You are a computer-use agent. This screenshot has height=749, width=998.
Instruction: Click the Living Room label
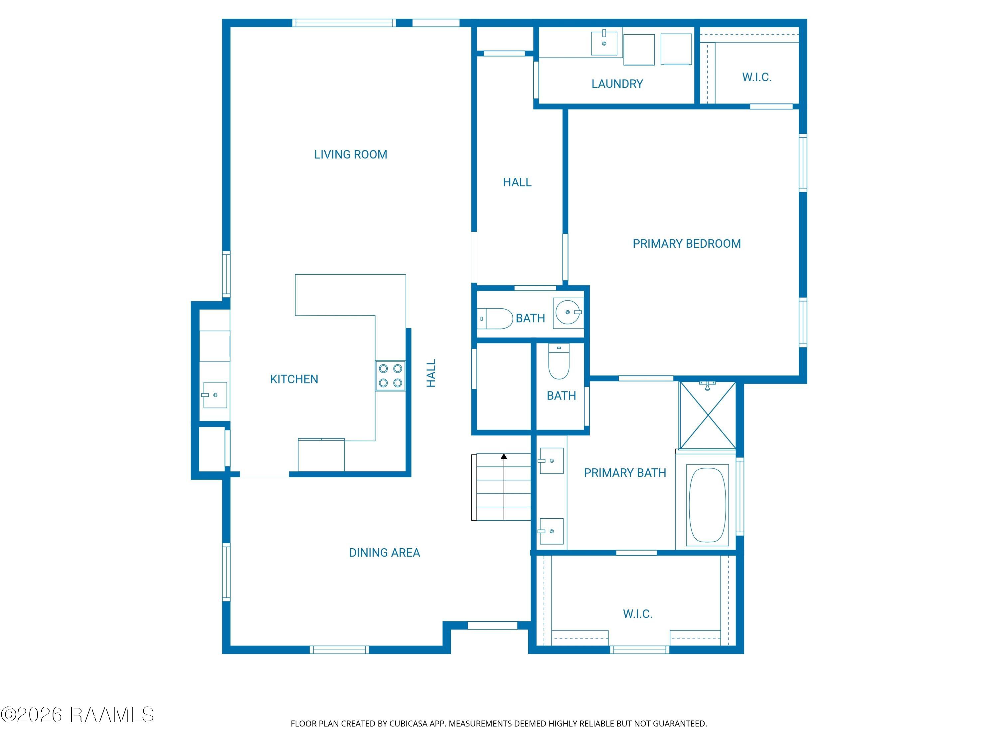(x=351, y=154)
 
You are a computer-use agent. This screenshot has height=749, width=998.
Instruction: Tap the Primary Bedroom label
(x=686, y=244)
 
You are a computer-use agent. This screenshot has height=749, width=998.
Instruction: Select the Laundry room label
(x=617, y=84)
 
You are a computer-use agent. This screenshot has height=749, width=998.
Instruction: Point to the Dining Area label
(x=385, y=553)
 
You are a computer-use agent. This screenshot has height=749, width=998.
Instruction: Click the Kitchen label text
(x=294, y=379)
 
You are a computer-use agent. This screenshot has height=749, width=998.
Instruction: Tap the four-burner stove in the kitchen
(x=390, y=375)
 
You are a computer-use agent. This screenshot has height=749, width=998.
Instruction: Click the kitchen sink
(x=215, y=395)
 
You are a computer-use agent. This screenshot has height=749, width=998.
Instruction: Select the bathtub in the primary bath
(x=708, y=505)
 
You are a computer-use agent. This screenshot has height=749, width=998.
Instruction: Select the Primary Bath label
(x=625, y=473)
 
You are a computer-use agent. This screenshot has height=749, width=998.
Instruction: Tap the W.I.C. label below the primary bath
(x=637, y=614)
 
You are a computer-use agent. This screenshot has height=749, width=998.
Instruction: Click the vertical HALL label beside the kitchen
(x=431, y=374)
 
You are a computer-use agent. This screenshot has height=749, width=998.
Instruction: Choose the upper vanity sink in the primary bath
(x=551, y=461)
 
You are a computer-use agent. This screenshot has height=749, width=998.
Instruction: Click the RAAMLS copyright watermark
(x=78, y=715)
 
